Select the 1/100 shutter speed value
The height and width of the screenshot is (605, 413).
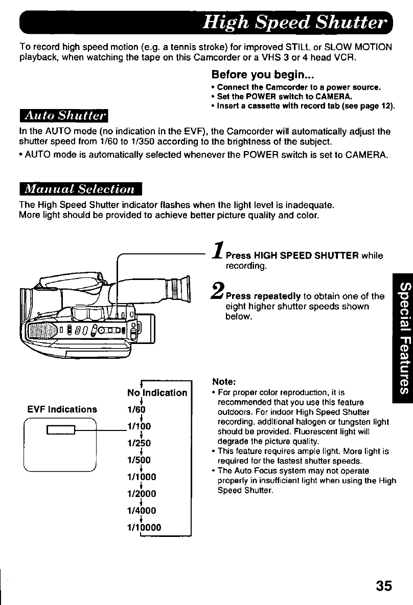[x=137, y=427]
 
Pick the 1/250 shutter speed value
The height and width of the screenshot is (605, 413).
[x=137, y=443]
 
